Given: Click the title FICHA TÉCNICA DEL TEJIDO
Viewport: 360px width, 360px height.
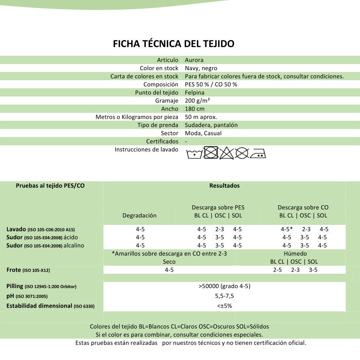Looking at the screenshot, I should [173, 44].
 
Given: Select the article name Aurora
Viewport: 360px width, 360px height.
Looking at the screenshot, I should [194, 60].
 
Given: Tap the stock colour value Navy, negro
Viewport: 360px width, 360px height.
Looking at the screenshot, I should [201, 68].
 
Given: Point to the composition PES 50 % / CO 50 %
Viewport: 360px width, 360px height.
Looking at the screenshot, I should [211, 85].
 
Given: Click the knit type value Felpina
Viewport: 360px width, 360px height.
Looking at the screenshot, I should [194, 92].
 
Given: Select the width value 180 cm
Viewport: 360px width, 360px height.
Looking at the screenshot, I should [194, 109].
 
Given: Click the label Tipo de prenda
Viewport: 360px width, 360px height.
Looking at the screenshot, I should [158, 125].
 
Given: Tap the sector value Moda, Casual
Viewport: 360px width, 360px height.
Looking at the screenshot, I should [203, 133].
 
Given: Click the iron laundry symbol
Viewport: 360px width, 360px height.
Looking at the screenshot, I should [258, 153].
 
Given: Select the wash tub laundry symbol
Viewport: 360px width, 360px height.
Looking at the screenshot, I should [194, 153].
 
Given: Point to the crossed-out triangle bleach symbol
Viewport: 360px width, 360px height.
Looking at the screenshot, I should [226, 153].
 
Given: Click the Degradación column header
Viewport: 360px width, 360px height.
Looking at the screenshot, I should [139, 215].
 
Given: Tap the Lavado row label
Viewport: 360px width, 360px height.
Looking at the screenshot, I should [16, 229].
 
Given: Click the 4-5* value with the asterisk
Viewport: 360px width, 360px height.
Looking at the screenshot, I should [286, 229].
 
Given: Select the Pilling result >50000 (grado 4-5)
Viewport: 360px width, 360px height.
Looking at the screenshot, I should [224, 286].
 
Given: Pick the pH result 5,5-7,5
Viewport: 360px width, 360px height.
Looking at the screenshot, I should [225, 296].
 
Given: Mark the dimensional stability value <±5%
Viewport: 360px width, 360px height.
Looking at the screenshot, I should [224, 306].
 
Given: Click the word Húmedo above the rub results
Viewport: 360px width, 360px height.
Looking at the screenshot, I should [295, 254].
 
